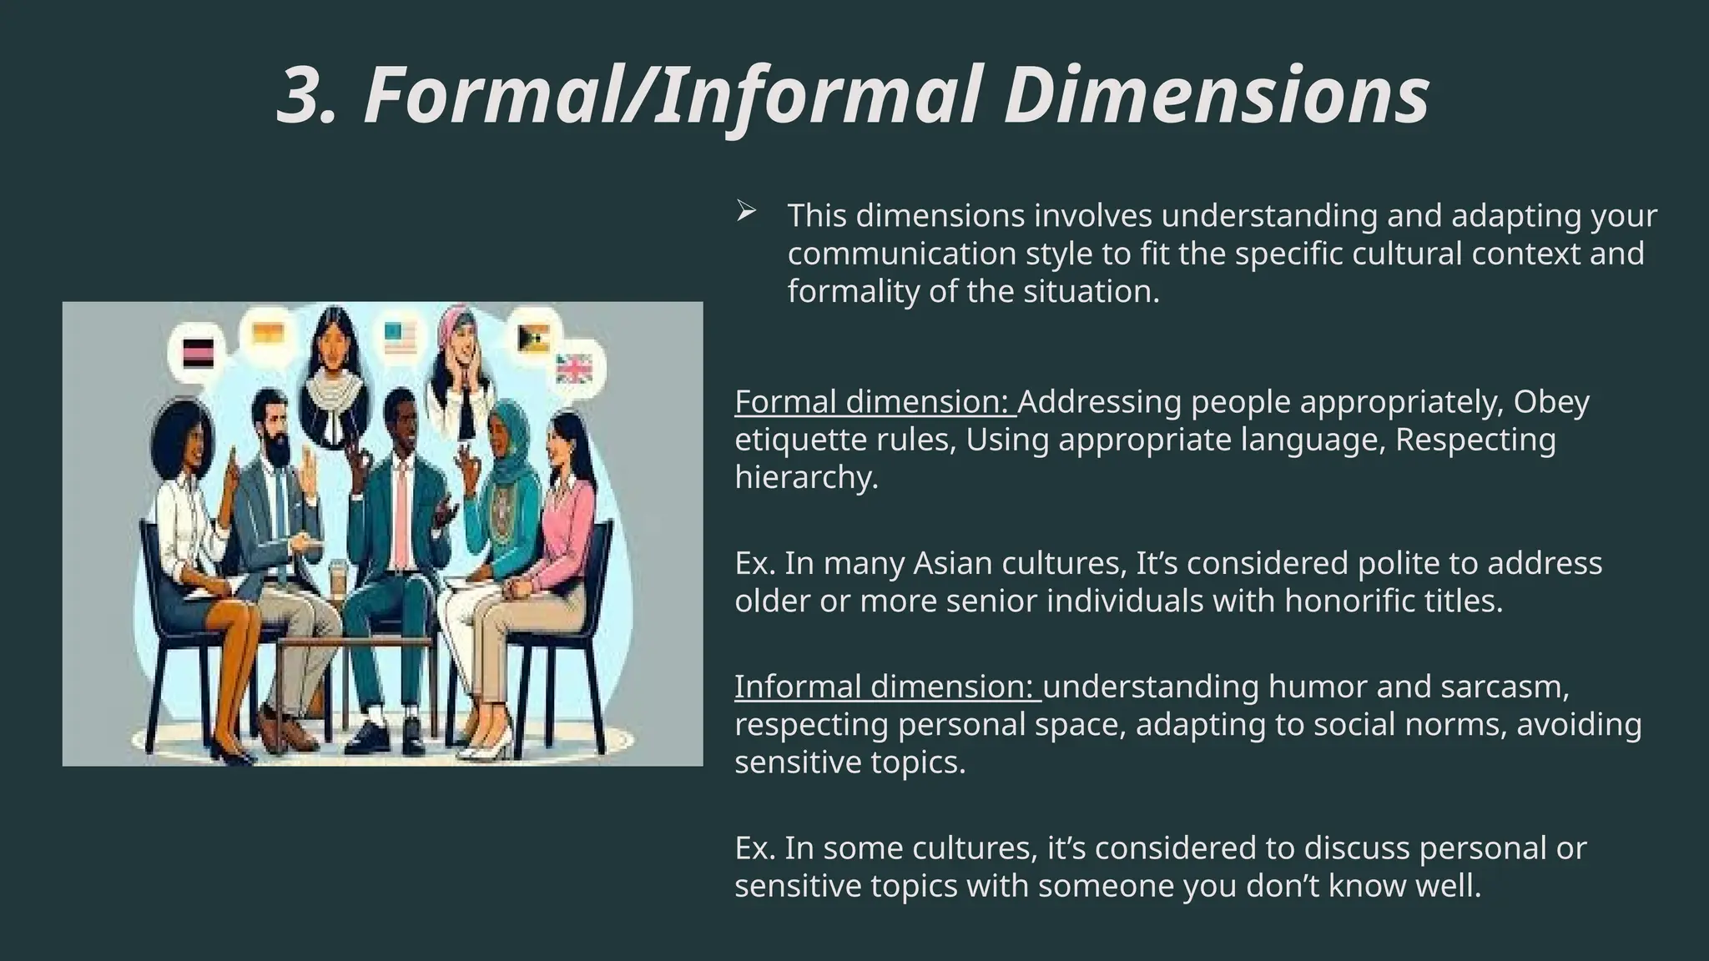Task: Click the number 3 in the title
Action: (305, 96)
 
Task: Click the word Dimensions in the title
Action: (1222, 96)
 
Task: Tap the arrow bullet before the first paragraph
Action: (745, 213)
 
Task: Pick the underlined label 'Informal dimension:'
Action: (886, 687)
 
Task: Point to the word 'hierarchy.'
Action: (806, 477)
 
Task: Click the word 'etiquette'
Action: (799, 440)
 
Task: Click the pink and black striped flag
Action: (199, 354)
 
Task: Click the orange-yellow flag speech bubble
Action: (268, 334)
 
